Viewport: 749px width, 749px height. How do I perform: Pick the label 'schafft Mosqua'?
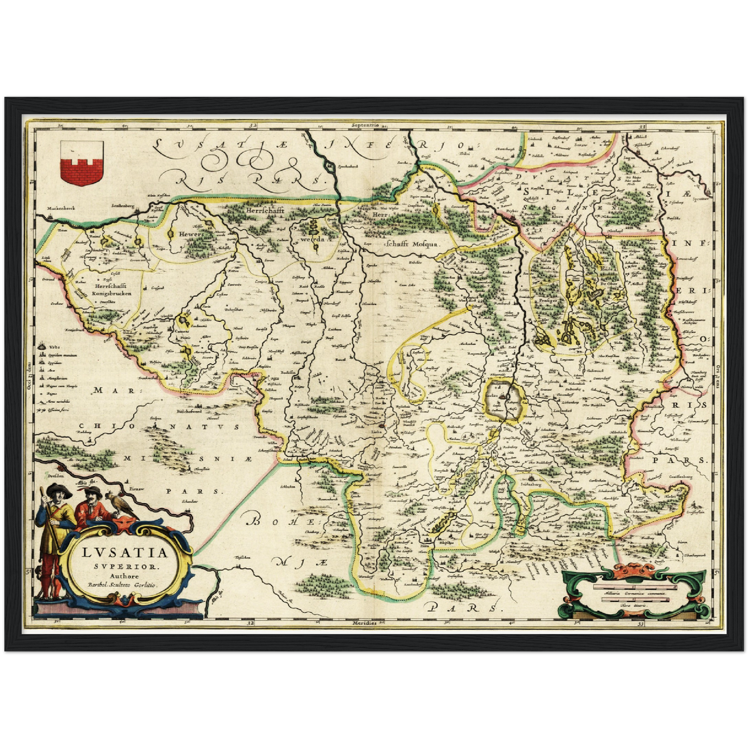pos(412,243)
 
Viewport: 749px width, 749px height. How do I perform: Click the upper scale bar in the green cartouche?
pos(635,588)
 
